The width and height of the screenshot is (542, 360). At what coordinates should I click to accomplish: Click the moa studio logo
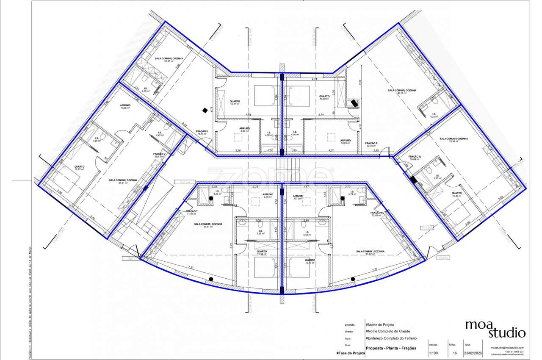[495, 329]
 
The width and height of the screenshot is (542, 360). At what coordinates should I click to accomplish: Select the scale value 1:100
[434, 352]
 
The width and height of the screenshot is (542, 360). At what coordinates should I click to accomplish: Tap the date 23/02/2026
[473, 352]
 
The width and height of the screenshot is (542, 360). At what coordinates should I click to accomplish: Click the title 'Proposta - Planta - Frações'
[391, 348]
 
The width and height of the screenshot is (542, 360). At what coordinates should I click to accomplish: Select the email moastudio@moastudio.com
[507, 348]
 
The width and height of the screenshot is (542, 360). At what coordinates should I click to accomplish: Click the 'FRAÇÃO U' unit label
[202, 132]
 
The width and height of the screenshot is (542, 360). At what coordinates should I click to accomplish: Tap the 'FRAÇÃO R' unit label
[371, 144]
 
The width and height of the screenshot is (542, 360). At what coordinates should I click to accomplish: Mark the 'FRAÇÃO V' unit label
[159, 154]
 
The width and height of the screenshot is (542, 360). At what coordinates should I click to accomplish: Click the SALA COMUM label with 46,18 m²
[402, 91]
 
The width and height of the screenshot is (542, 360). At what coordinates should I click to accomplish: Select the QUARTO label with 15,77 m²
[235, 102]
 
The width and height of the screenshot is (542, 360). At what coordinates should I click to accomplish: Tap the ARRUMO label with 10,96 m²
[125, 105]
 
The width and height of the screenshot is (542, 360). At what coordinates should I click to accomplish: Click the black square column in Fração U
[205, 110]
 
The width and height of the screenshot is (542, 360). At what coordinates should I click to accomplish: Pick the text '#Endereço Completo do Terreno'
[391, 338]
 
